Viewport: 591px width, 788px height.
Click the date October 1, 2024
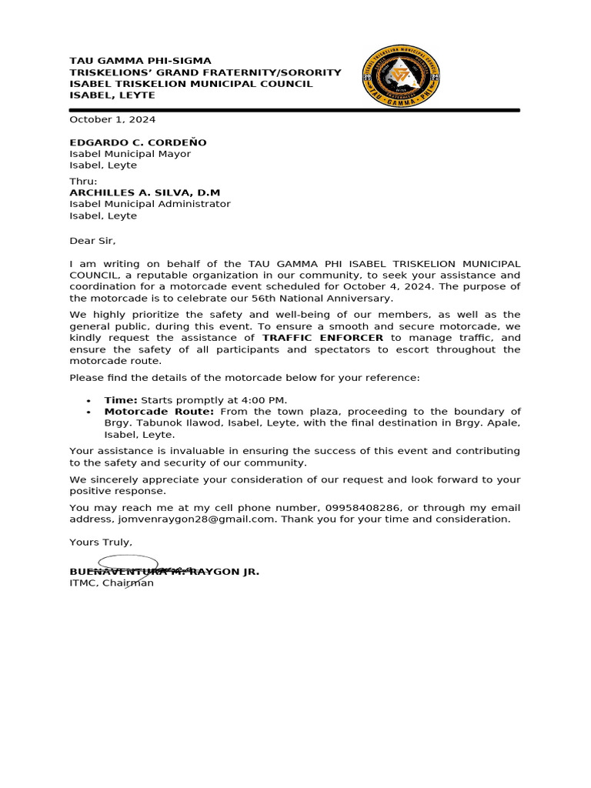pyautogui.click(x=112, y=119)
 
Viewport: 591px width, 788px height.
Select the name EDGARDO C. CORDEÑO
pyautogui.click(x=138, y=142)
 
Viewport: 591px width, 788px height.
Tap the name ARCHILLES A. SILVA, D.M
pyautogui.click(x=145, y=192)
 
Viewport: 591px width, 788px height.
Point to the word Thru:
pyautogui.click(x=84, y=181)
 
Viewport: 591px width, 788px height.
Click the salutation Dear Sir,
pyautogui.click(x=92, y=241)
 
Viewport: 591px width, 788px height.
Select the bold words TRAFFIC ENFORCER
pyautogui.click(x=322, y=338)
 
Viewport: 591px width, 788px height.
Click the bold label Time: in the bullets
pyautogui.click(x=121, y=400)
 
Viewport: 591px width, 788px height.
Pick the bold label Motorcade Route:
pyautogui.click(x=159, y=412)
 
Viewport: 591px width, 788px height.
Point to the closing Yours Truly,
pyautogui.click(x=101, y=543)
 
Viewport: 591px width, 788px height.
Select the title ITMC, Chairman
pyautogui.click(x=112, y=583)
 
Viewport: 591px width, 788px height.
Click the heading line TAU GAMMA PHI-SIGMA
pyautogui.click(x=140, y=61)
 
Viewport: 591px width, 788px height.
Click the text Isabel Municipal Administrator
pyautogui.click(x=150, y=204)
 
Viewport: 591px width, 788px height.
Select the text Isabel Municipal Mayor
pyautogui.click(x=130, y=154)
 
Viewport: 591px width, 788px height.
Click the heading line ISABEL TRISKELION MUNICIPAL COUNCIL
pyautogui.click(x=191, y=84)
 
